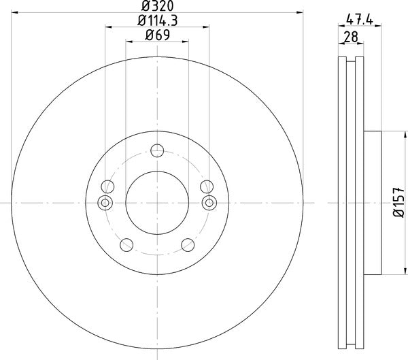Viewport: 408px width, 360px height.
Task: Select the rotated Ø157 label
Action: [x=398, y=203]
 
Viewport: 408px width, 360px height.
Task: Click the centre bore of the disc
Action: [x=157, y=202]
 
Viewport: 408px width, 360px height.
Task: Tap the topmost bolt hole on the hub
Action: [x=157, y=150]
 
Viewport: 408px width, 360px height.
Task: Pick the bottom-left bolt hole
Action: [x=126, y=245]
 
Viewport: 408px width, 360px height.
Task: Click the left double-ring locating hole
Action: [x=105, y=202]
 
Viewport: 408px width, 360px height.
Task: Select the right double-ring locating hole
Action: [x=209, y=202]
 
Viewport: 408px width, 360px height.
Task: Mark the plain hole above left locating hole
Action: [x=107, y=186]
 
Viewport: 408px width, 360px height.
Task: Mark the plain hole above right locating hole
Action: [x=207, y=186]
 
